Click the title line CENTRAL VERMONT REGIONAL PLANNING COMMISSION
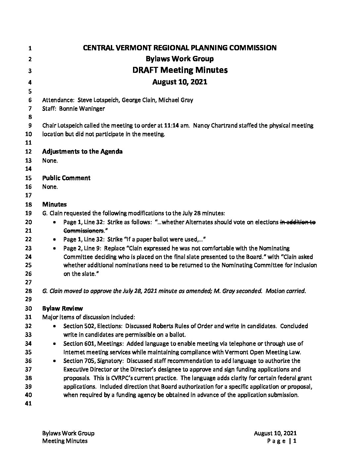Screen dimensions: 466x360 [180, 48]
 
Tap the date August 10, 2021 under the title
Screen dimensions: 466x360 [180, 82]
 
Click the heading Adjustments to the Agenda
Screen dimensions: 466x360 [82, 152]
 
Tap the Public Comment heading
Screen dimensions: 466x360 [66, 178]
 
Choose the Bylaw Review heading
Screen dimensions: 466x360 [63, 308]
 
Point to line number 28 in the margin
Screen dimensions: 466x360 [28, 291]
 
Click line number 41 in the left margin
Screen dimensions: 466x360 [28, 404]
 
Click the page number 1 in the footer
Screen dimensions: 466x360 [295, 441]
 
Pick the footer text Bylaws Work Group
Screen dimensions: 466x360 [68, 433]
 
